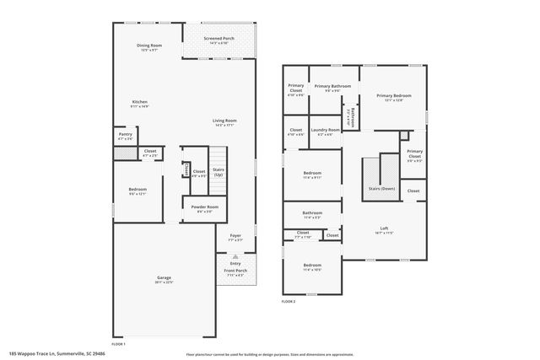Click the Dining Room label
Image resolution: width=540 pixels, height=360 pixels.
pyautogui.click(x=149, y=46)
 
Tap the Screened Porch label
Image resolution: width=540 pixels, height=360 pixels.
pyautogui.click(x=219, y=39)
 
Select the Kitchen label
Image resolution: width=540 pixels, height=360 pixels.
pyautogui.click(x=139, y=102)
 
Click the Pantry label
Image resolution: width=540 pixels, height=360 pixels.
pyautogui.click(x=125, y=134)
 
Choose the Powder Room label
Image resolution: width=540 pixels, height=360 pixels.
pyautogui.click(x=204, y=207)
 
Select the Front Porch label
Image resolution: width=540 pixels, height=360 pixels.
pyautogui.click(x=234, y=271)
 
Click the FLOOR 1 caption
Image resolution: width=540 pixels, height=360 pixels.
pyautogui.click(x=118, y=344)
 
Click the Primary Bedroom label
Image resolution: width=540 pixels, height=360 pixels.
pyautogui.click(x=394, y=97)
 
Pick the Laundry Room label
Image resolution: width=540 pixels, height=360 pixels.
pyautogui.click(x=325, y=130)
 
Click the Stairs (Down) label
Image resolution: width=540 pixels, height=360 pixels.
pyautogui.click(x=381, y=189)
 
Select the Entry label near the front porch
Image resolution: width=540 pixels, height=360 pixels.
pyautogui.click(x=234, y=264)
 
